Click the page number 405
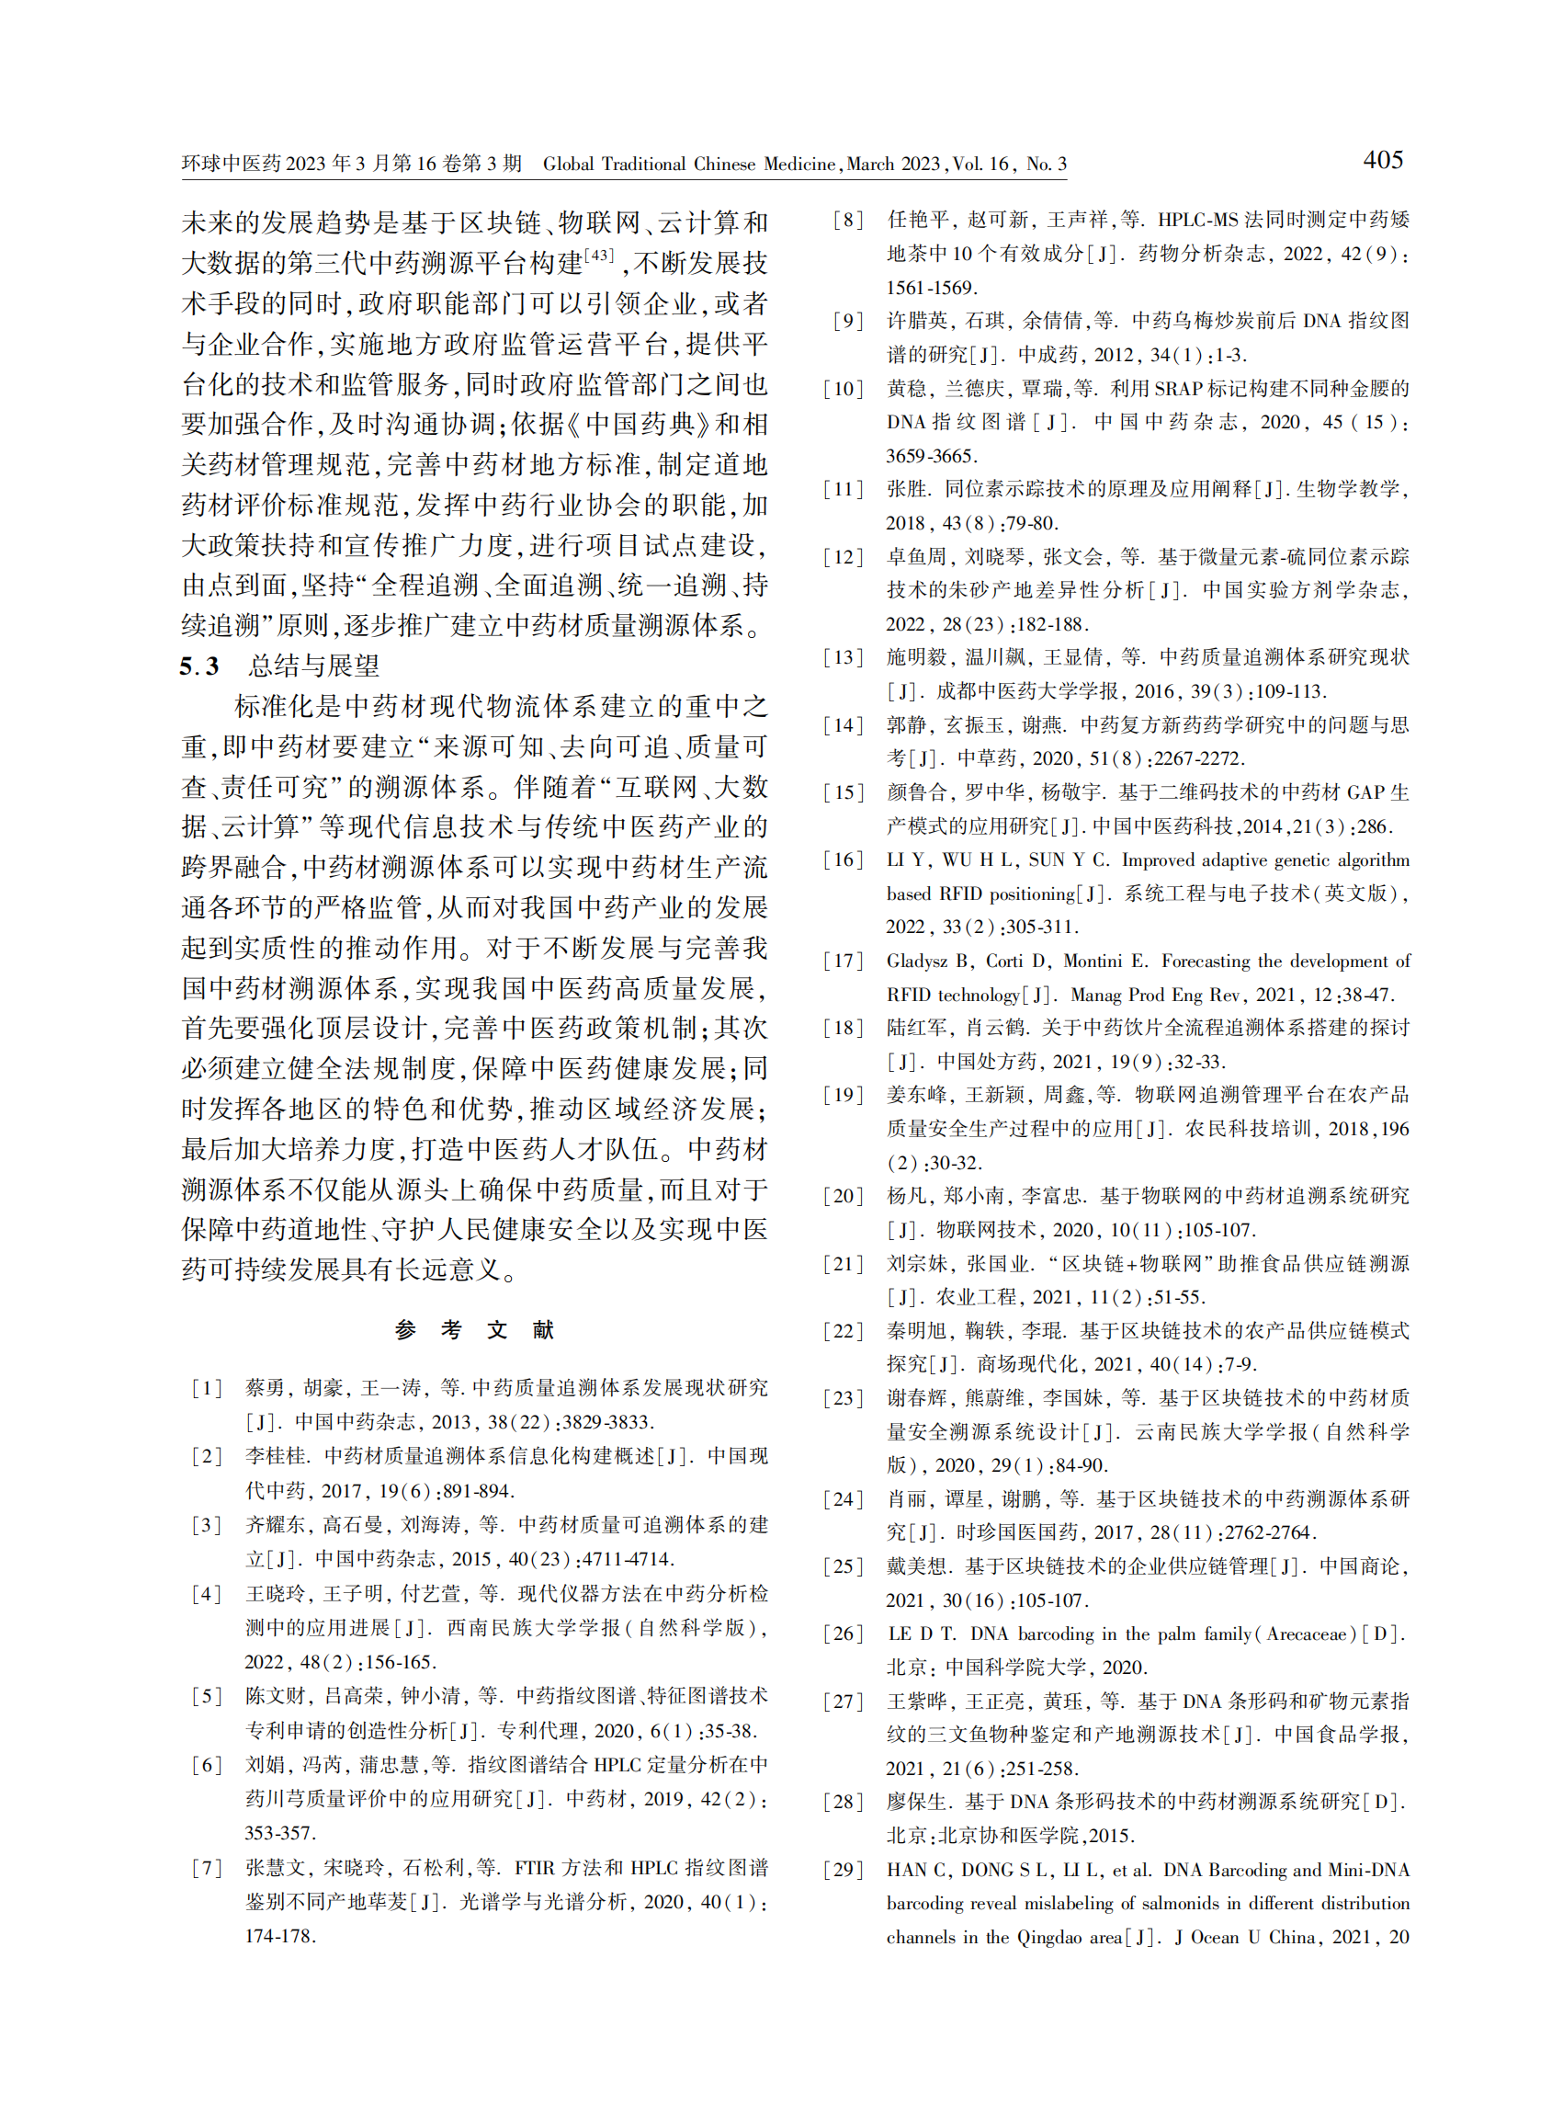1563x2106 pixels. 1382,160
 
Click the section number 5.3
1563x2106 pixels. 199,666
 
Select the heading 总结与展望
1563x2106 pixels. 313,666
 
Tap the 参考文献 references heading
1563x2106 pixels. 474,1330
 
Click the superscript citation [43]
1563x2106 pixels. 600,256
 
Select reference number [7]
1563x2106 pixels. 206,1868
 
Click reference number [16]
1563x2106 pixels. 843,859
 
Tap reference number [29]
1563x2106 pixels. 843,1870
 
